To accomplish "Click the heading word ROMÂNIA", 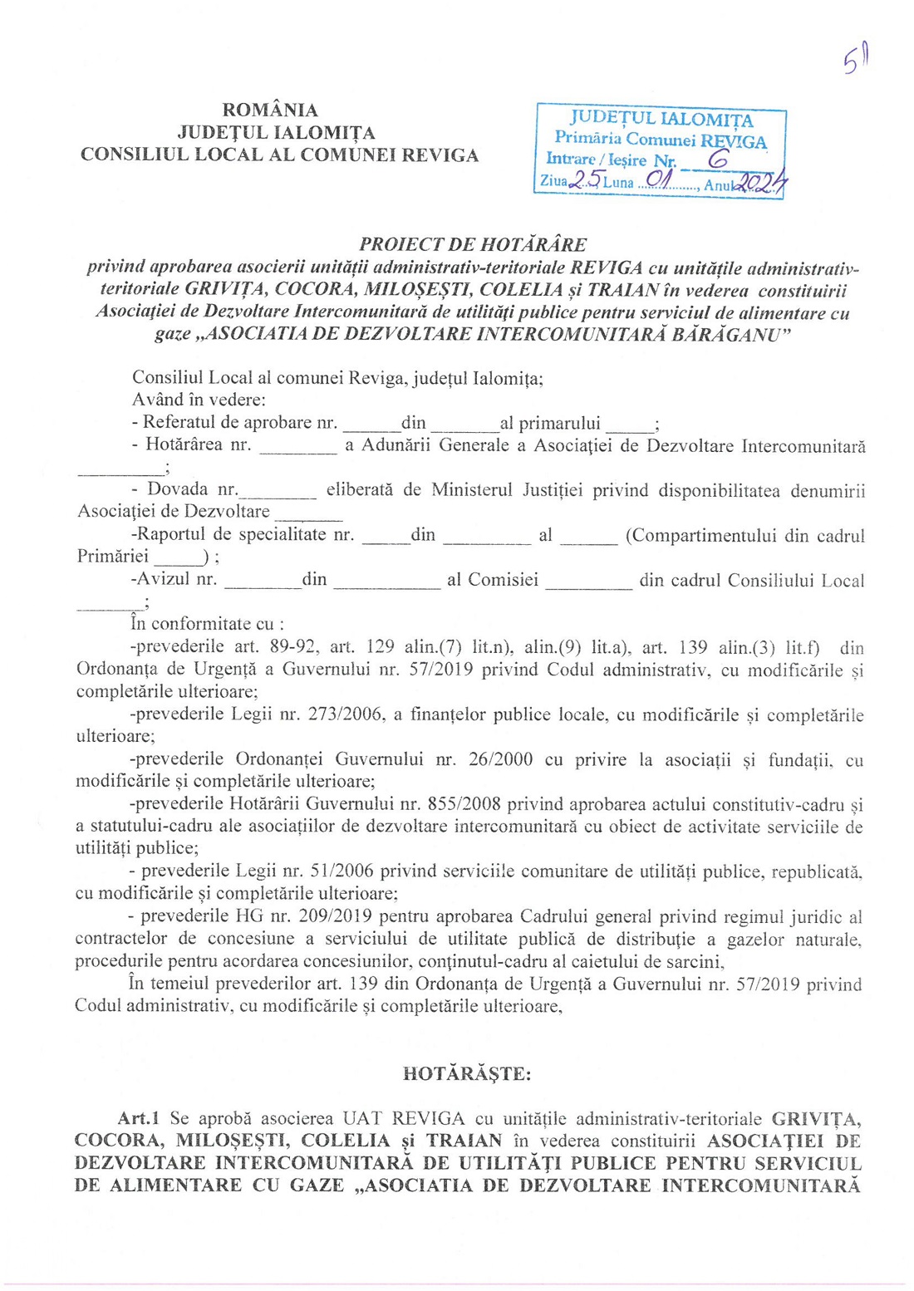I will pyautogui.click(x=270, y=110).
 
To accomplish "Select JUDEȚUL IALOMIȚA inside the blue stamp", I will pyautogui.click(x=661, y=120).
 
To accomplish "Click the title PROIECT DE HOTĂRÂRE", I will pyautogui.click(x=473, y=245).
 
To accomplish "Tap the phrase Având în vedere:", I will pyautogui.click(x=199, y=400).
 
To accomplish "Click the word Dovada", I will pyautogui.click(x=178, y=489).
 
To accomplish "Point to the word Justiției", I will pyautogui.click(x=553, y=489).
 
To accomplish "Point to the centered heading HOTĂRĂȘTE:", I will pyautogui.click(x=467, y=1073).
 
